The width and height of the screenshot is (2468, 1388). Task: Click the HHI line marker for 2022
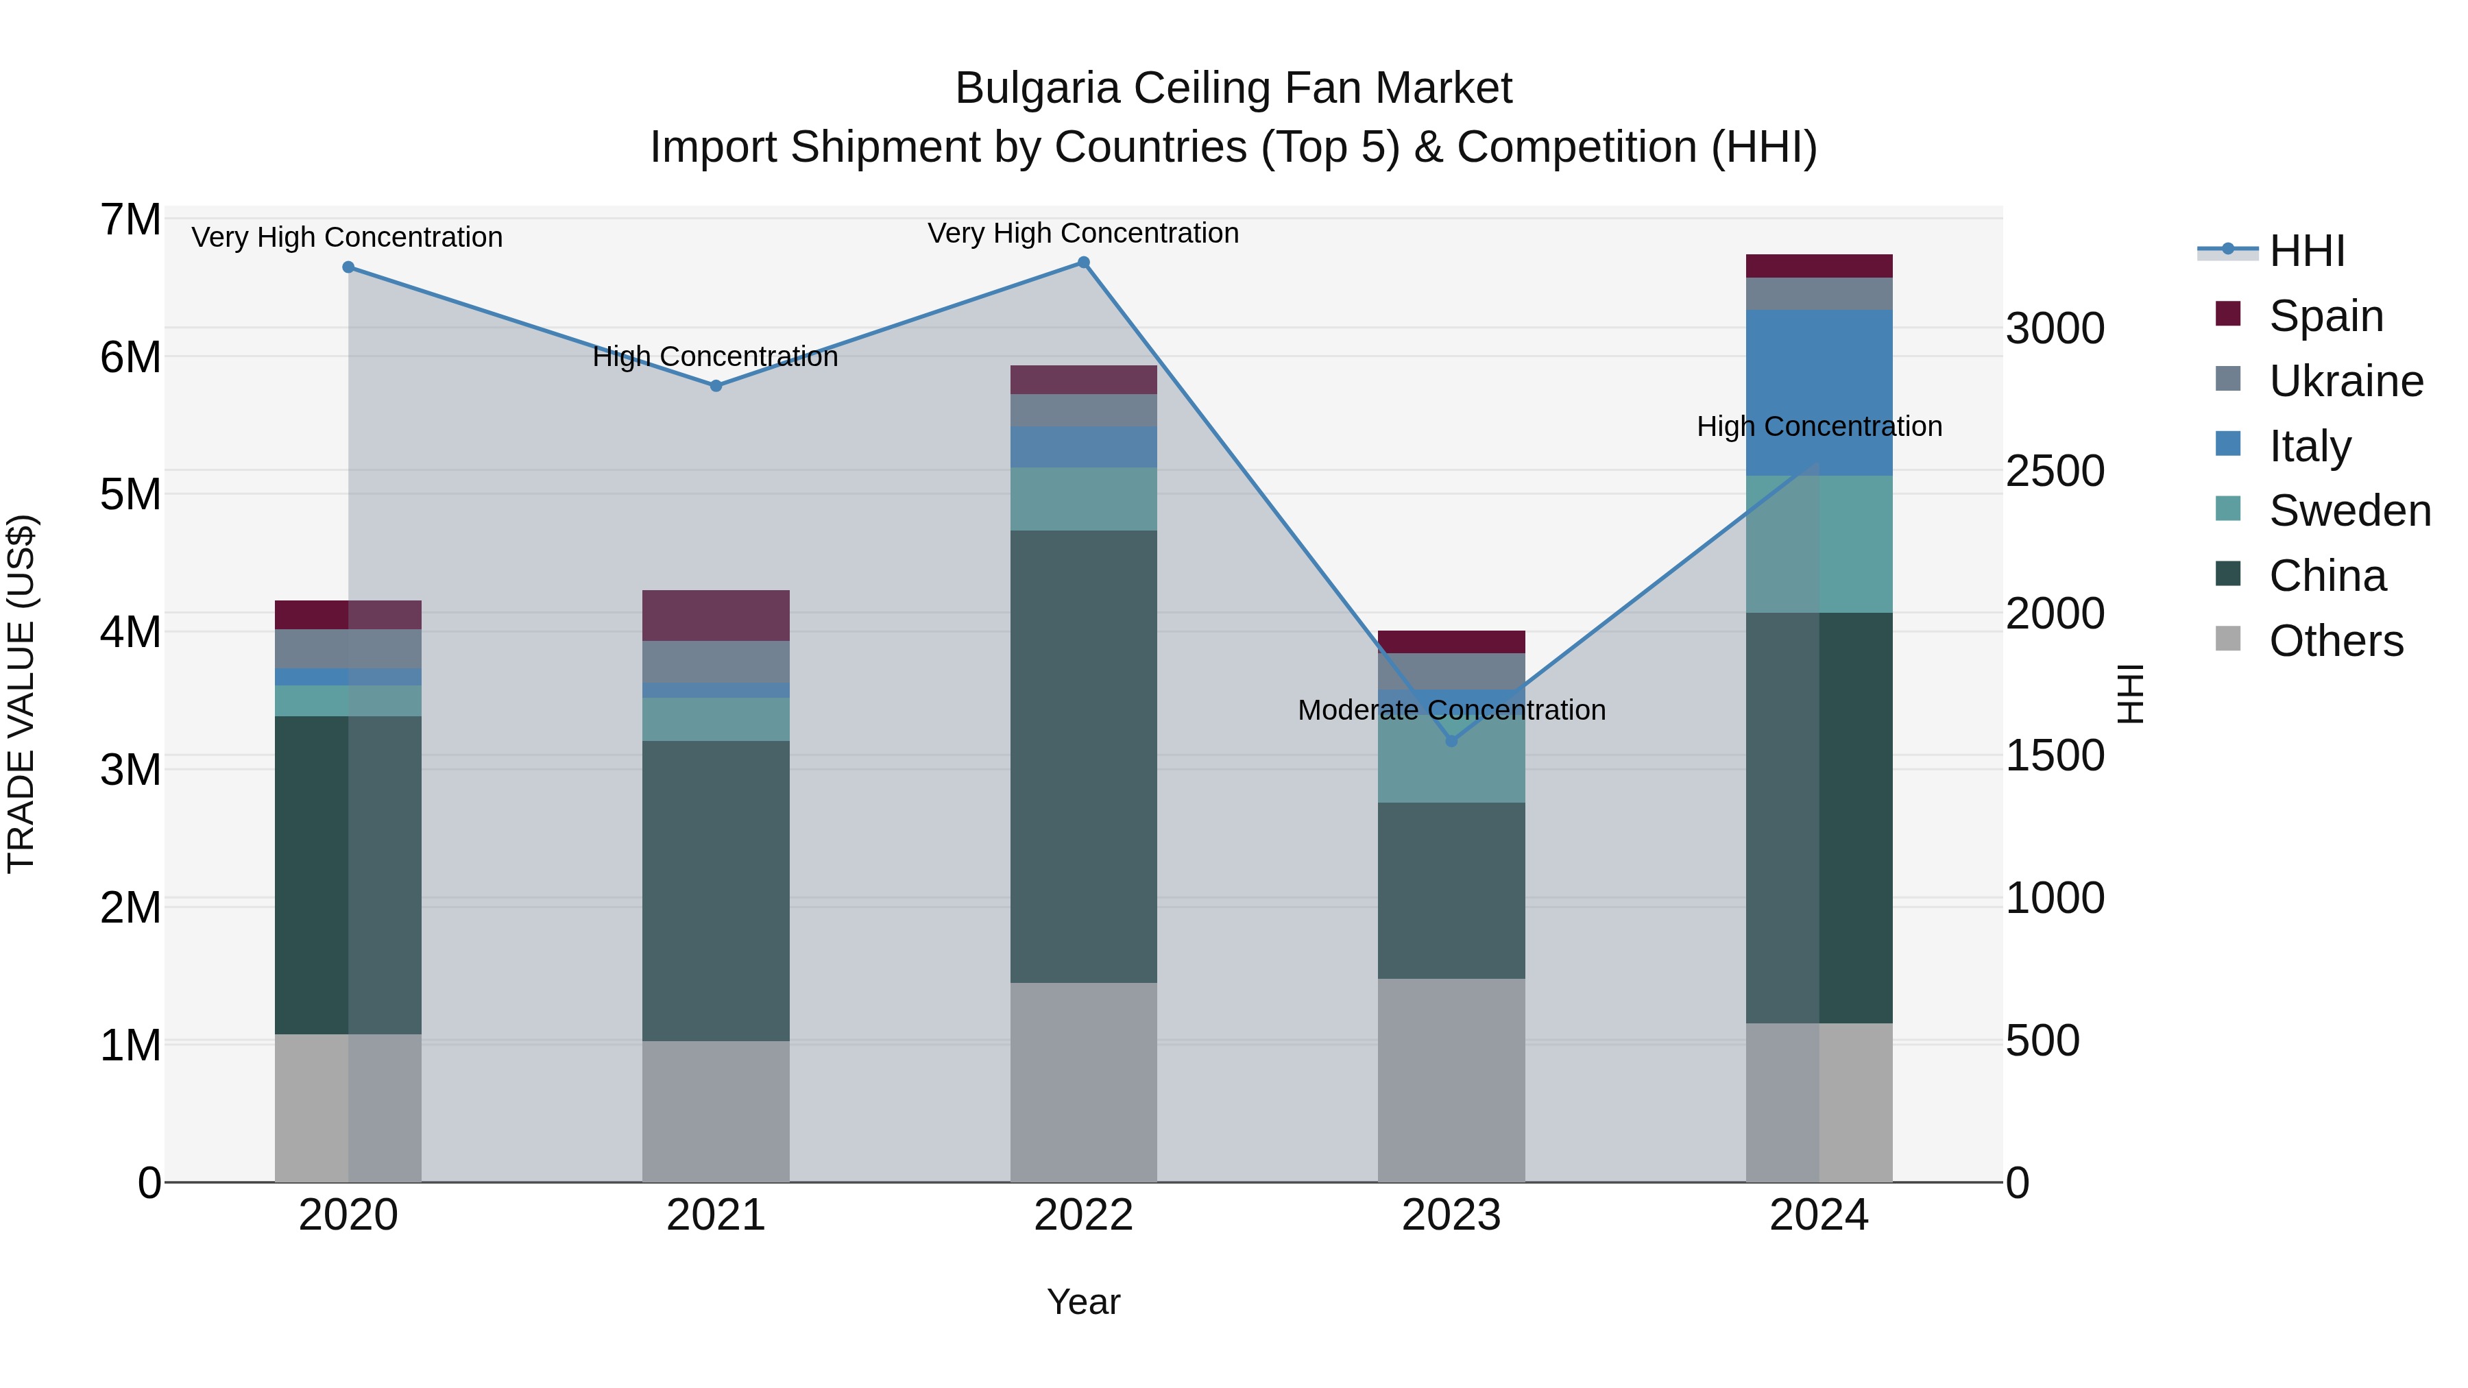[x=1084, y=263]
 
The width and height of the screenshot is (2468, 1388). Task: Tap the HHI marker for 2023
[x=1451, y=740]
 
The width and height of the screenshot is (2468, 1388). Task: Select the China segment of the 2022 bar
[x=1084, y=757]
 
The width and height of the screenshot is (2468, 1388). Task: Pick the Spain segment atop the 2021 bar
[x=716, y=615]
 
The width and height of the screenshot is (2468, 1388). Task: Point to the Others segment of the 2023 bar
[x=1451, y=1080]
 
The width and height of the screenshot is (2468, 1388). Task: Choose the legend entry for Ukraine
[x=2345, y=381]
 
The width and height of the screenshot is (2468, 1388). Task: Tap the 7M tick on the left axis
[x=130, y=220]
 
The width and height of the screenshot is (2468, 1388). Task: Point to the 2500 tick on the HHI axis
[x=2055, y=472]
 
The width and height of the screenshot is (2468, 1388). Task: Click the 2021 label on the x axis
[x=716, y=1215]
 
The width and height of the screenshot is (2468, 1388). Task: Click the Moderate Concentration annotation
[x=1451, y=710]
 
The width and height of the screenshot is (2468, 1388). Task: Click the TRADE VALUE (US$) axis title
[x=21, y=694]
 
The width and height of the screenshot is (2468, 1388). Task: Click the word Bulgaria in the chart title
[x=1037, y=88]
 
